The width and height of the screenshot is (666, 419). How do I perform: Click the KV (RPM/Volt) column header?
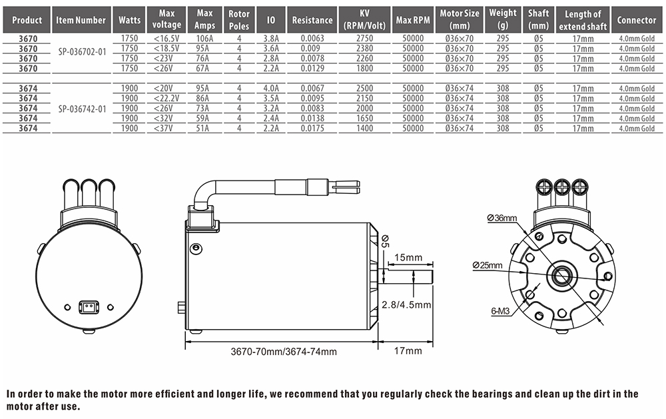(364, 20)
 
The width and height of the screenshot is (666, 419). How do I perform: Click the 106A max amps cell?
(205, 39)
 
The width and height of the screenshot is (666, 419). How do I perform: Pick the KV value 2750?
(364, 39)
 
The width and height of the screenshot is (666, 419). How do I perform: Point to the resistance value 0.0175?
(312, 129)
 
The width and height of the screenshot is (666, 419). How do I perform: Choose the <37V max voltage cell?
(166, 129)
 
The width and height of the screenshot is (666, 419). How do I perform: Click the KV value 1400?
(364, 129)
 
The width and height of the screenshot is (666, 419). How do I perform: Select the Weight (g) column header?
(502, 20)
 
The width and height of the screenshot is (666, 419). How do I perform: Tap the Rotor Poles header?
(239, 20)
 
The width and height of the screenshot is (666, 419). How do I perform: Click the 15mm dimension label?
(408, 258)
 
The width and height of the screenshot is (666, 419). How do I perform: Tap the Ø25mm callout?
(488, 265)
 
